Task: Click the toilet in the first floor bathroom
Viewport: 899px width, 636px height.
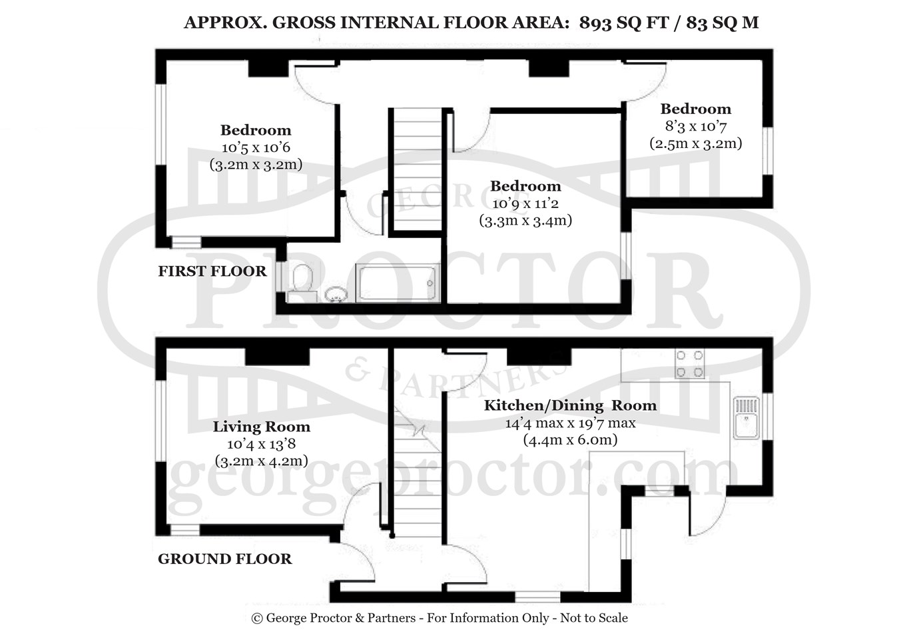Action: click(302, 281)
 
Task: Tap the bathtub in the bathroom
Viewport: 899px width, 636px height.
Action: click(398, 282)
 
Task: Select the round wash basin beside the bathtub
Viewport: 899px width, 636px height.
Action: click(336, 295)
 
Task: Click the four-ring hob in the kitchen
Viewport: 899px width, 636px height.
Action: click(689, 364)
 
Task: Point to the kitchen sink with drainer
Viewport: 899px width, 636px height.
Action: click(746, 418)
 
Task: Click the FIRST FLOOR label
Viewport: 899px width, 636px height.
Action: click(212, 271)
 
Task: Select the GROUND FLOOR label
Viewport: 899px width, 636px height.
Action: click(225, 559)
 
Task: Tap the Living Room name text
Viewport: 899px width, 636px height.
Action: click(262, 427)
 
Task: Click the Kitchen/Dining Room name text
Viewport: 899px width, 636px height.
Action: click(570, 406)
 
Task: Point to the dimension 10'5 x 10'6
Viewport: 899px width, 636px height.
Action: click(256, 147)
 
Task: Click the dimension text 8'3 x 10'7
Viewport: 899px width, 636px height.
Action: click(696, 126)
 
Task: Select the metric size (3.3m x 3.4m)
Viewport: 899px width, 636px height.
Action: click(526, 221)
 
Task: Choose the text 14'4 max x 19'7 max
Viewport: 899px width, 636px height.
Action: click(570, 423)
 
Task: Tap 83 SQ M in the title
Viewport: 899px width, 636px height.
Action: click(723, 23)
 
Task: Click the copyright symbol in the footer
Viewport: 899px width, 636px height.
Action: click(257, 618)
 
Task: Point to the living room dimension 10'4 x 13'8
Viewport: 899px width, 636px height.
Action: click(262, 444)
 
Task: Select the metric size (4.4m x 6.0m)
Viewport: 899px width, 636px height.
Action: click(570, 440)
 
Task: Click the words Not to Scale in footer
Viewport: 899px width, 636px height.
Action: click(594, 618)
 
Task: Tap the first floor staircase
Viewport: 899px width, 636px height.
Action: click(418, 169)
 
